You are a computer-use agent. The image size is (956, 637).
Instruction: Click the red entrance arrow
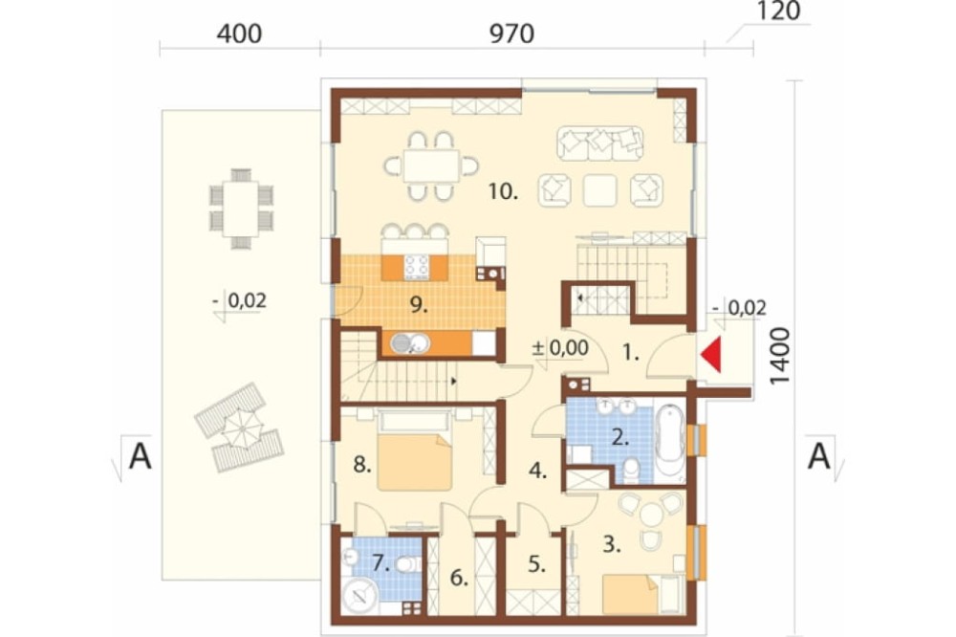tap(713, 355)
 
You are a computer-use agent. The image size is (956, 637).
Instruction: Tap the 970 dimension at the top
tap(512, 33)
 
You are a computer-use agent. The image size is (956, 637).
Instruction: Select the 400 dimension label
tap(240, 33)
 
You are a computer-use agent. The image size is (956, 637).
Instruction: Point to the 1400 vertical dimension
tap(780, 357)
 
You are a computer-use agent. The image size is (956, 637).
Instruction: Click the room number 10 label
tap(503, 191)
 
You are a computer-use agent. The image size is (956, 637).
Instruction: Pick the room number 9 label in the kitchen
tap(419, 304)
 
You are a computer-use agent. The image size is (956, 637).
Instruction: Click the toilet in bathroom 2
tap(632, 471)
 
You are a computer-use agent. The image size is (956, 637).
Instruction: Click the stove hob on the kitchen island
tap(416, 267)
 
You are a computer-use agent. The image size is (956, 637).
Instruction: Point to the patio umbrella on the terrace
tap(242, 428)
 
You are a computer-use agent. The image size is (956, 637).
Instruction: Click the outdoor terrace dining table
tap(241, 209)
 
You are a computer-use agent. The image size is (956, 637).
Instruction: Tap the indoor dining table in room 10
tap(432, 166)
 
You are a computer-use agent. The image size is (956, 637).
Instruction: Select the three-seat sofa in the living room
tap(600, 143)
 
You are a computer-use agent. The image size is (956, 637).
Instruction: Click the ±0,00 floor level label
tap(560, 348)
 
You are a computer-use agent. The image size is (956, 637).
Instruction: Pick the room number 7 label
tap(380, 562)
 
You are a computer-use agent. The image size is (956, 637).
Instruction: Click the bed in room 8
tap(415, 451)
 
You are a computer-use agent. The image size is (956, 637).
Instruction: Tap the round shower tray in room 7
tap(359, 596)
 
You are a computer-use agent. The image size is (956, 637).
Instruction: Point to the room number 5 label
tap(536, 563)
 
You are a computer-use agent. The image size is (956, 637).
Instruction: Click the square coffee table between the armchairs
tap(600, 189)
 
